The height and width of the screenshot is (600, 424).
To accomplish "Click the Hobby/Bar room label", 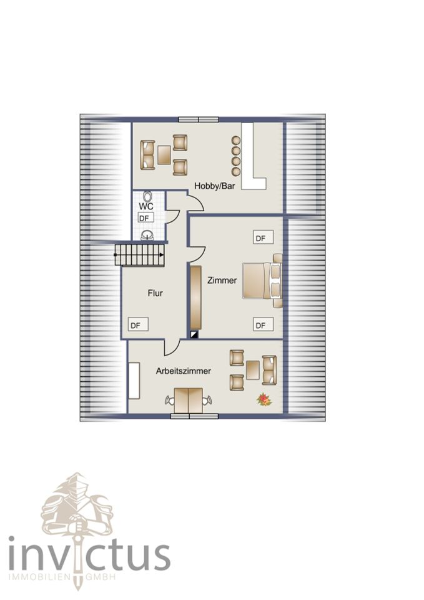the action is click(214, 186).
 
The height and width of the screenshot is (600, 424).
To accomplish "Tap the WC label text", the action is click(146, 207).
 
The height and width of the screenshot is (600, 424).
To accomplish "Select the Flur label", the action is click(155, 293).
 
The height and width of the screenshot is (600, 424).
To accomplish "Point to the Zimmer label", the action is click(222, 281).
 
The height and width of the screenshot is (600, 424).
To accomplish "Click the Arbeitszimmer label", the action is click(184, 371).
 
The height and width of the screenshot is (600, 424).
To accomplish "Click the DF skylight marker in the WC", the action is click(145, 218).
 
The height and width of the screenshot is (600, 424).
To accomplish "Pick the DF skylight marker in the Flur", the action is click(137, 325).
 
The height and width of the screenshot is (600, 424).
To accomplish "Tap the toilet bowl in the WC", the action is click(147, 196).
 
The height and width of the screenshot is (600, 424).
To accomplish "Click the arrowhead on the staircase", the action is click(162, 254).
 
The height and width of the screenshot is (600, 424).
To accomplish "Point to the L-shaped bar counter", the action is click(252, 157).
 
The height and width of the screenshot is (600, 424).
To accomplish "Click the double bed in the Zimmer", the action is click(262, 281).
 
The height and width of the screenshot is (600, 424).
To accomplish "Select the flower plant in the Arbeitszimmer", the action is click(264, 400).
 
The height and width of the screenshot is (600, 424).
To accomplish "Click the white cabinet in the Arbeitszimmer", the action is click(134, 381).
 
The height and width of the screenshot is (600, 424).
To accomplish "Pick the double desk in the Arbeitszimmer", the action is click(189, 401).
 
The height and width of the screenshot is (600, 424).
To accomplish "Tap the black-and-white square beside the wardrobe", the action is click(195, 334).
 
